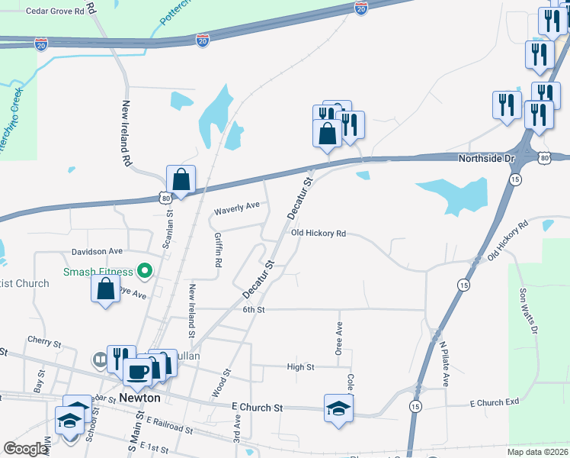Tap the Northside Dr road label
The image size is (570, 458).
tap(488, 159)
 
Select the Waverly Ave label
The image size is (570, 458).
tap(237, 205)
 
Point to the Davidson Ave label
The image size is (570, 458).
tap(98, 250)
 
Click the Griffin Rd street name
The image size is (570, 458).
tap(218, 249)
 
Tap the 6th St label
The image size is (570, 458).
tap(253, 310)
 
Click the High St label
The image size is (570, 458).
tap(300, 367)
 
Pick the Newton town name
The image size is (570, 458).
tap(140, 398)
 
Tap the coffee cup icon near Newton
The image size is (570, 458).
tap(137, 372)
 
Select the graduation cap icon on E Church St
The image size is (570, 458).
tap(338, 407)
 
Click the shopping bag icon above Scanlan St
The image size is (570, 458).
tap(181, 180)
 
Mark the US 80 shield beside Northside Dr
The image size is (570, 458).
tap(543, 158)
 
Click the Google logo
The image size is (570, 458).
tap(26, 449)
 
